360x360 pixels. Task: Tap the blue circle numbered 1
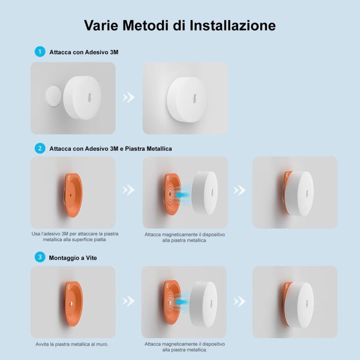[40, 51]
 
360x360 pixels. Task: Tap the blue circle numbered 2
[40, 148]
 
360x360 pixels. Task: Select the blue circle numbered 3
[40, 257]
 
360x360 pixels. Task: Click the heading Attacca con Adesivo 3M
[84, 52]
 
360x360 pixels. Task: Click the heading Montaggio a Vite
[73, 257]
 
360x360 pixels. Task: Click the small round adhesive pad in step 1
[52, 96]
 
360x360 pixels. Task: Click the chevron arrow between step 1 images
[129, 97]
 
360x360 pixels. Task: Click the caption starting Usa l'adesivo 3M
[75, 237]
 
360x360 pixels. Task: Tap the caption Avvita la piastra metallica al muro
[72, 344]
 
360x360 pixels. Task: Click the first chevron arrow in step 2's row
[129, 191]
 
